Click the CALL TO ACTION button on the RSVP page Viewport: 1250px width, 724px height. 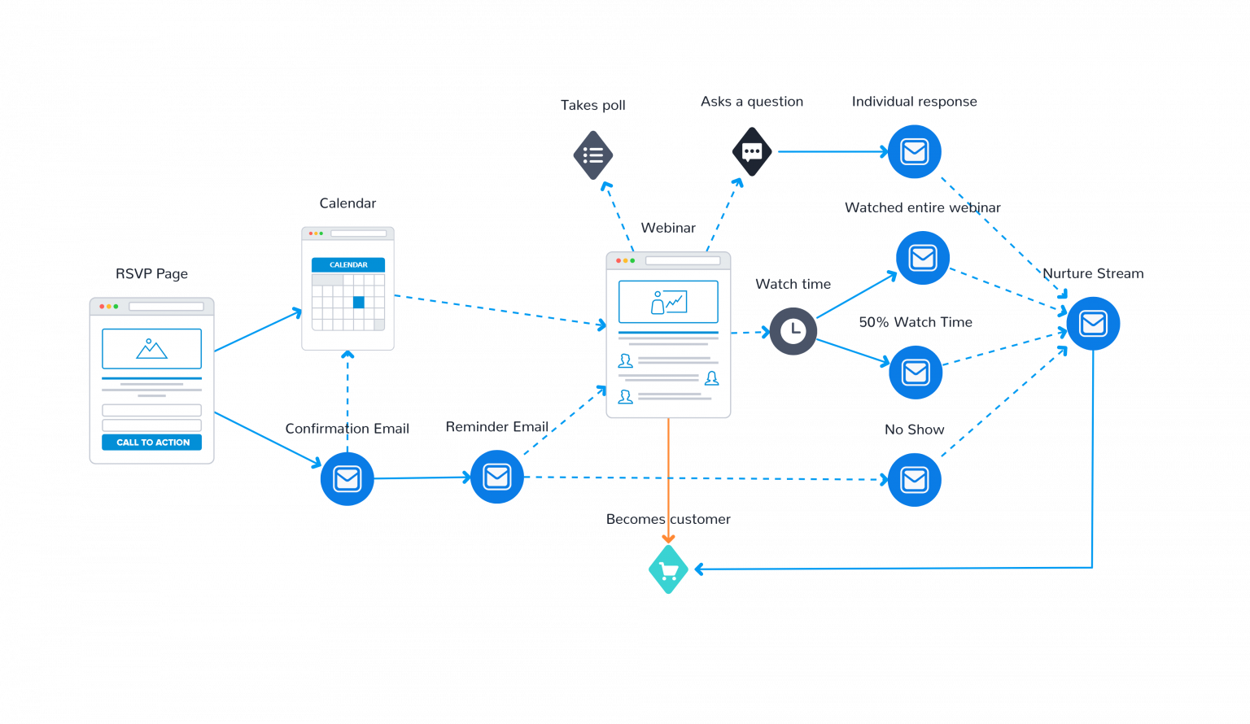(x=152, y=443)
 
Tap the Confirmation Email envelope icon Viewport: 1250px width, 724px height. (x=347, y=478)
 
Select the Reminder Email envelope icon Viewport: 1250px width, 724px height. (x=496, y=477)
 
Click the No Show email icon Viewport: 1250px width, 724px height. (x=914, y=479)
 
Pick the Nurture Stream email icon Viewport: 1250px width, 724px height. (x=1093, y=324)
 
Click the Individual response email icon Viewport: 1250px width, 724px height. (x=914, y=152)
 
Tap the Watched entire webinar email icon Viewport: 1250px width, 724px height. (x=922, y=258)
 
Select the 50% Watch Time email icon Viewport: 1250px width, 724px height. (x=916, y=373)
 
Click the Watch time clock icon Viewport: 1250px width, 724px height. (x=793, y=331)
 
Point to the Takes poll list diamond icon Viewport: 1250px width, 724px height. (x=593, y=155)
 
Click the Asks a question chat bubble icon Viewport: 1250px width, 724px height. (x=752, y=151)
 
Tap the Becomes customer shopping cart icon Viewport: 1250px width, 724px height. (x=668, y=569)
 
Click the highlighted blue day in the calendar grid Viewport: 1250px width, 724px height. (x=359, y=303)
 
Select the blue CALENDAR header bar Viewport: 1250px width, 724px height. (x=348, y=265)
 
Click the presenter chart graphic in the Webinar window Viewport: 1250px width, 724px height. (x=668, y=302)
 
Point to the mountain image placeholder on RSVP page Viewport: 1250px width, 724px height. (x=151, y=349)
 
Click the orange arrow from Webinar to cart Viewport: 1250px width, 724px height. (x=668, y=480)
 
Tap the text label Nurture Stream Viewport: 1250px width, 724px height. (x=1093, y=274)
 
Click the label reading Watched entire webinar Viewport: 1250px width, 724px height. (x=922, y=207)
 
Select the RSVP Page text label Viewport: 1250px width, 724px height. (x=151, y=274)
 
